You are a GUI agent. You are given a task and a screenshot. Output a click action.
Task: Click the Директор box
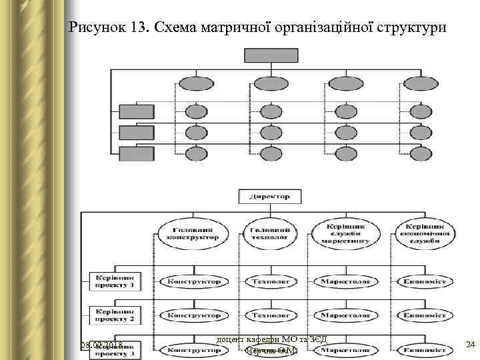(x=269, y=197)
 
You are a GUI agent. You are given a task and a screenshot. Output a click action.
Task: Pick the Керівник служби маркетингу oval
(x=345, y=233)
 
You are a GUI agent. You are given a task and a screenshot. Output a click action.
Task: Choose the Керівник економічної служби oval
(x=425, y=233)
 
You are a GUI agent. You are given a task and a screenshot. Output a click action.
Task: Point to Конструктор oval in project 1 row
(x=194, y=281)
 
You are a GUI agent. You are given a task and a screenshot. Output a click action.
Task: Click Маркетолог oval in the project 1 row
(x=345, y=281)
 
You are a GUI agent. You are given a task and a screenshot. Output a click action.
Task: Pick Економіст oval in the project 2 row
(x=425, y=315)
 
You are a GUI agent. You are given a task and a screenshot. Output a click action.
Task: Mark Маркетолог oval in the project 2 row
(x=345, y=315)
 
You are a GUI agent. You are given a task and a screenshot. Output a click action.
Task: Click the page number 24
(x=469, y=345)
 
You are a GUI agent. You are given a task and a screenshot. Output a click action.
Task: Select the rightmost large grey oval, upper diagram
(x=421, y=84)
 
